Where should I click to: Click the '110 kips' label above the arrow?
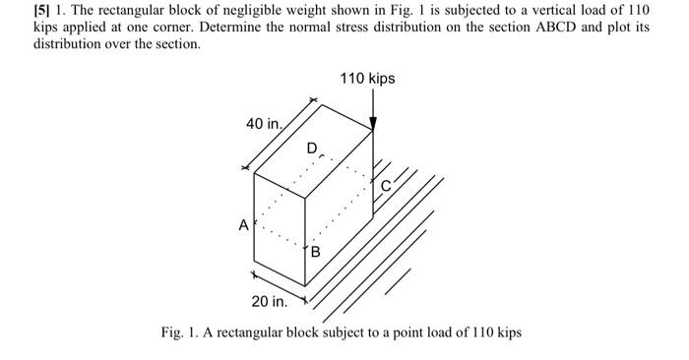(x=367, y=78)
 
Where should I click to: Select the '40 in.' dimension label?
(x=264, y=125)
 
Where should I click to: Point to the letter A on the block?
(x=242, y=224)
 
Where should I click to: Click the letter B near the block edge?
(x=316, y=252)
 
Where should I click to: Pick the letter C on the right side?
(x=386, y=184)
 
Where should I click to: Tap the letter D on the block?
(x=312, y=149)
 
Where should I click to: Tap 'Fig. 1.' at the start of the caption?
(x=181, y=332)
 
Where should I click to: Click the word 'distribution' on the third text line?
(x=67, y=44)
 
